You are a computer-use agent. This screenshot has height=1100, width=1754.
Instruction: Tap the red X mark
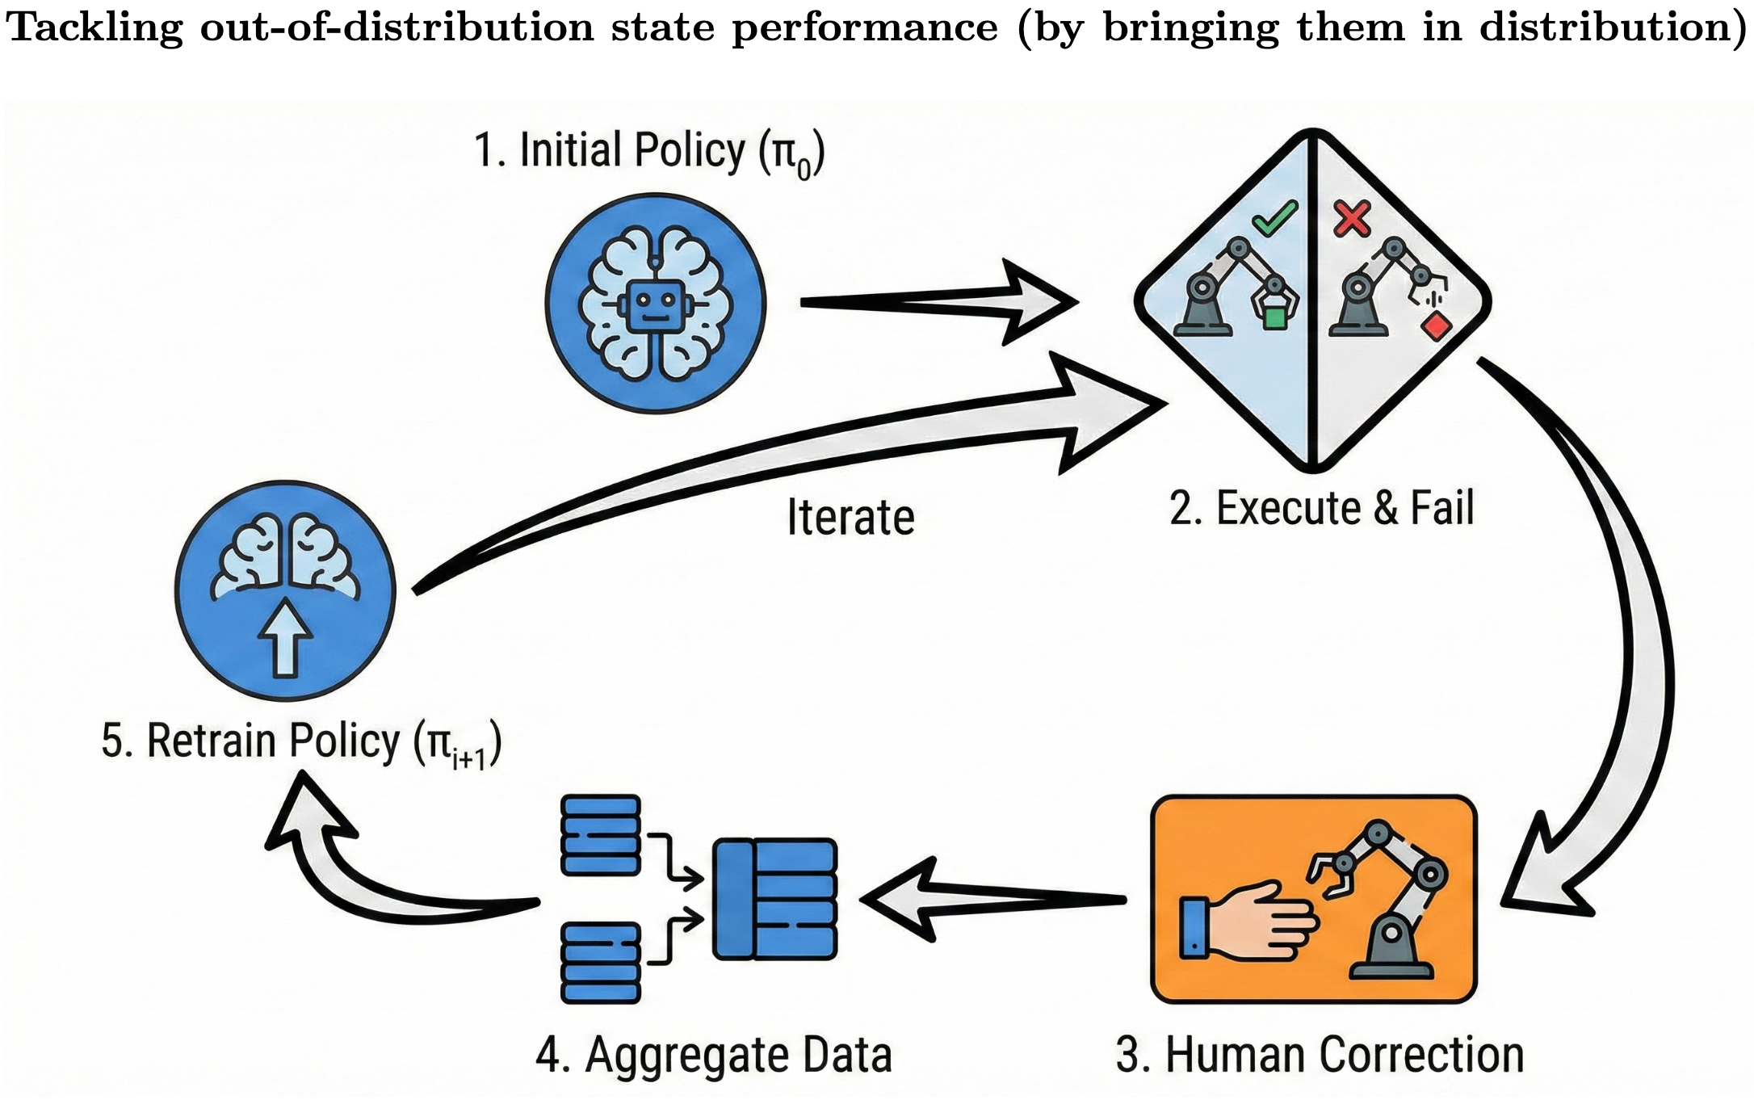click(1352, 218)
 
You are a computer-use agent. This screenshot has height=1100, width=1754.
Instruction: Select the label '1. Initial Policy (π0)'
click(649, 152)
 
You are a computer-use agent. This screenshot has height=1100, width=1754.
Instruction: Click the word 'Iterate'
click(850, 518)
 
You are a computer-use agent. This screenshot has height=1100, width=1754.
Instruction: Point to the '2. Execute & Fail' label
click(1321, 509)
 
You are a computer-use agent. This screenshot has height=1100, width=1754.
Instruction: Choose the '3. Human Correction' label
click(1320, 1055)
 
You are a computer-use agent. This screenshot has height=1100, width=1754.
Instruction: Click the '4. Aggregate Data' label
click(714, 1055)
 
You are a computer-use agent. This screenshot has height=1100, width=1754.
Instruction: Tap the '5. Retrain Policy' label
click(300, 742)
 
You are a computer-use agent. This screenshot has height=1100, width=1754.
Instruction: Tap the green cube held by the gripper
click(1274, 317)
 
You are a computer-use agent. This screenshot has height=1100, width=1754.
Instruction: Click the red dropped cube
click(1436, 327)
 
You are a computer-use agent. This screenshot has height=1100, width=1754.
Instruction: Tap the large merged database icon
click(774, 899)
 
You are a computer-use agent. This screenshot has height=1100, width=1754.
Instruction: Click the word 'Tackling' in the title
click(94, 28)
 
